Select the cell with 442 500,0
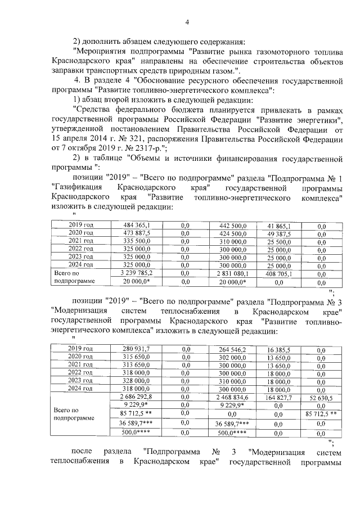click(x=232, y=225)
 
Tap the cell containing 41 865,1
click(x=278, y=225)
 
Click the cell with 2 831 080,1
click(x=232, y=273)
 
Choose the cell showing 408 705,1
click(x=278, y=273)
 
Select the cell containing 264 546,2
click(x=232, y=349)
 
